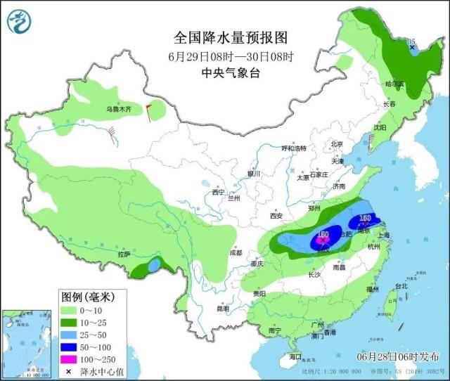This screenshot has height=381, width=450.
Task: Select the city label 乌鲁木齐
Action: pos(119,110)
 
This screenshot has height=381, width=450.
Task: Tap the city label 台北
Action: pos(400,287)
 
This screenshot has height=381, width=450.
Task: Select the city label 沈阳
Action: pos(380,128)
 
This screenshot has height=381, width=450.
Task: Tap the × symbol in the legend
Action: pos(70,371)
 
